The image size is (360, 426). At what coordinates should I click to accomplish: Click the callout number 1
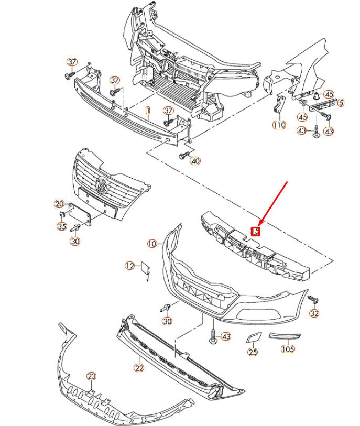pyautogui.click(x=148, y=111)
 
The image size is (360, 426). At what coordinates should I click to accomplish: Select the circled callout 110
pyautogui.click(x=279, y=125)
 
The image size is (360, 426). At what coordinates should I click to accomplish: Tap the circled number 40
pyautogui.click(x=195, y=161)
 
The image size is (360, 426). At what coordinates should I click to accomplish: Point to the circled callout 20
pyautogui.click(x=59, y=204)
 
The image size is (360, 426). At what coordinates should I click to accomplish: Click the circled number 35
pyautogui.click(x=62, y=226)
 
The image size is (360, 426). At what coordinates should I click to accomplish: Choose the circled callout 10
pyautogui.click(x=152, y=244)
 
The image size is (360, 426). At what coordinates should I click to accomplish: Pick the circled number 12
pyautogui.click(x=129, y=266)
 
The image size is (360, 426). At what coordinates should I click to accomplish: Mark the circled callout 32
pyautogui.click(x=314, y=313)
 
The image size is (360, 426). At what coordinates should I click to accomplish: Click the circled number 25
pyautogui.click(x=253, y=352)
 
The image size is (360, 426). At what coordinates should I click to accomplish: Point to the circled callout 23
pyautogui.click(x=91, y=376)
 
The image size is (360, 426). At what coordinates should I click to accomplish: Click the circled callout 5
pyautogui.click(x=341, y=103)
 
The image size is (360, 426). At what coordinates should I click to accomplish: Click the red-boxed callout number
pyautogui.click(x=256, y=231)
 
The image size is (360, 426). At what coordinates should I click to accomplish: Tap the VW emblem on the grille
pyautogui.click(x=102, y=185)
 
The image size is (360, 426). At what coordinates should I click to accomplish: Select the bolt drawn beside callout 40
pyautogui.click(x=184, y=155)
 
